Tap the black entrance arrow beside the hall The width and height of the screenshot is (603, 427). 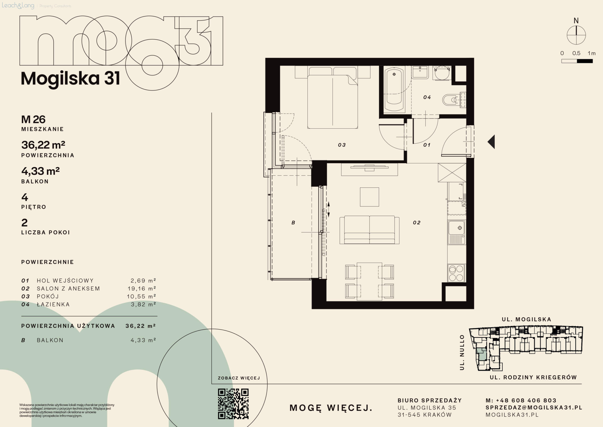(491, 142)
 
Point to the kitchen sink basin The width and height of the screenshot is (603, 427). (456, 228)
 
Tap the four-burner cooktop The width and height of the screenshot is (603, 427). (456, 273)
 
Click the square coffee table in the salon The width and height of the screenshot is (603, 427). (369, 197)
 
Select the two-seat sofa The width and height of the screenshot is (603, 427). (369, 230)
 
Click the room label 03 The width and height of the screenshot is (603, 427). (342, 145)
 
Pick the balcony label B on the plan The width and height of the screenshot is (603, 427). (293, 222)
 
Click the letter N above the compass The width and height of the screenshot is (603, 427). (576, 21)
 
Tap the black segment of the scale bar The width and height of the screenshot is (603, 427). (585, 61)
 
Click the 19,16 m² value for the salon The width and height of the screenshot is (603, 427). (142, 288)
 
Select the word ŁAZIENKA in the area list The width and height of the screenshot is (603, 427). (53, 304)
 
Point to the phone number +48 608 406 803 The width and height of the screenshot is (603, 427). (526, 400)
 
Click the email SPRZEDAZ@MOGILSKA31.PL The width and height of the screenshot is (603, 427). (534, 407)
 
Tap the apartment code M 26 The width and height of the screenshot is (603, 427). (33, 119)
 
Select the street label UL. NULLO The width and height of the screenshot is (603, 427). (462, 352)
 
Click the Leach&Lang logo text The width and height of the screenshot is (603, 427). (18, 5)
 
